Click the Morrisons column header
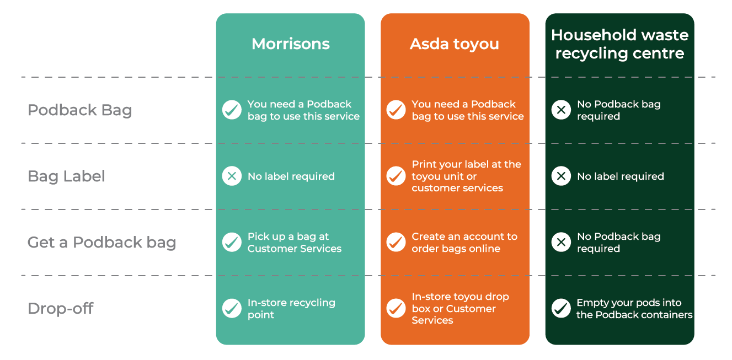click(x=291, y=44)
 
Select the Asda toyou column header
click(x=455, y=44)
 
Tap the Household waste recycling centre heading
click(x=619, y=44)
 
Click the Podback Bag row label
click(x=80, y=110)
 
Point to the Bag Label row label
click(x=66, y=176)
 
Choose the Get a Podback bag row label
click(x=101, y=243)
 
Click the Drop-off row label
click(x=61, y=308)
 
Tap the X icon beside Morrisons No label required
click(x=232, y=176)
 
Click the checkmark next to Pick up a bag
click(x=232, y=242)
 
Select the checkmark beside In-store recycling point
click(x=232, y=308)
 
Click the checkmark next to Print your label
click(x=396, y=176)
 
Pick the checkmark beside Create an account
click(x=396, y=242)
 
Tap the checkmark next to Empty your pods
click(x=561, y=308)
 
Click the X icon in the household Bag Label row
click(x=561, y=176)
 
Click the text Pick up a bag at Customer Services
click(x=295, y=243)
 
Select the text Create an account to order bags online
click(x=464, y=243)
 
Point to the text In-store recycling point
click(x=291, y=308)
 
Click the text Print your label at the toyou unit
click(x=466, y=170)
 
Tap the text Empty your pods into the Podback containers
click(x=634, y=308)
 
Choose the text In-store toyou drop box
click(x=460, y=303)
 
